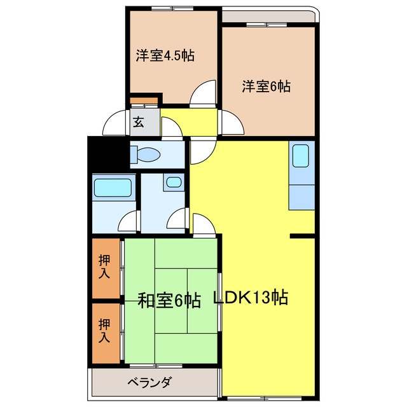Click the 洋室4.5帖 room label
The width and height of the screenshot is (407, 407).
165,55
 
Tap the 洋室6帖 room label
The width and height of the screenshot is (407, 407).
266,86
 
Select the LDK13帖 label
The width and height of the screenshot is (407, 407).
251,298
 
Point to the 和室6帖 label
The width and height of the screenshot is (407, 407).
169,301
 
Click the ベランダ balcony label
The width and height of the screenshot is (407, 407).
150,382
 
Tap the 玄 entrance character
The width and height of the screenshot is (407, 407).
139,122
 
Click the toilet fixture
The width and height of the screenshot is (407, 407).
146,154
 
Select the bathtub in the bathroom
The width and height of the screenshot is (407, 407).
113,188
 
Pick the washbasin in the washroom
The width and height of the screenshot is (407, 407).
174,183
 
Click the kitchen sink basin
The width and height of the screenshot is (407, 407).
301,156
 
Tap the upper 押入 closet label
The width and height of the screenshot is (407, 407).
104,267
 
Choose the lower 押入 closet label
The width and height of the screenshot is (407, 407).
104,331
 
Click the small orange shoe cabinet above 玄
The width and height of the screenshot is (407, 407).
144,100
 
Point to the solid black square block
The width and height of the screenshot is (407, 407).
109,153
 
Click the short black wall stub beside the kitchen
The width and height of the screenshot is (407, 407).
303,236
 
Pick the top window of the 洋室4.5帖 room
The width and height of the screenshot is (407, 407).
172,8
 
